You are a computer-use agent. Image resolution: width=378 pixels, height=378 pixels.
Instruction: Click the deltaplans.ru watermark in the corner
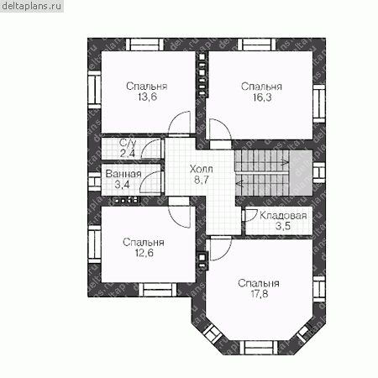(31, 6)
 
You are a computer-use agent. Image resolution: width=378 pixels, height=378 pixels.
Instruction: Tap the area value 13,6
(147, 97)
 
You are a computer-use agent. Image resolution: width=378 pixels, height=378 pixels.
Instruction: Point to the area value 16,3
(262, 97)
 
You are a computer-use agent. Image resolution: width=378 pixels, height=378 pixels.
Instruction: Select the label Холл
(201, 169)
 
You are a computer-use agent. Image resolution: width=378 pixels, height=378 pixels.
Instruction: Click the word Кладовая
(283, 216)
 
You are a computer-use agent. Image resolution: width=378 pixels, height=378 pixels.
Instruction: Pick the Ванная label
(123, 174)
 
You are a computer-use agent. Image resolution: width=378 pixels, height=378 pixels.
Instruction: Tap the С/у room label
(128, 143)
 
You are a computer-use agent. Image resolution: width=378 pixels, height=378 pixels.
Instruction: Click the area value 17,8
(260, 294)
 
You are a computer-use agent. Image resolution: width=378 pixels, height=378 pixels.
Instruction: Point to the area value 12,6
(144, 253)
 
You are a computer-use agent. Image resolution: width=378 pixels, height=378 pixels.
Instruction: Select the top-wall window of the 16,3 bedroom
(257, 45)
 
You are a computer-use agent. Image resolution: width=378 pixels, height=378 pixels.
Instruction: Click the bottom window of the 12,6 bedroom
(157, 290)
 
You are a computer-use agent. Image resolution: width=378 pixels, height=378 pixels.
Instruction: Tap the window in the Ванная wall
(94, 181)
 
